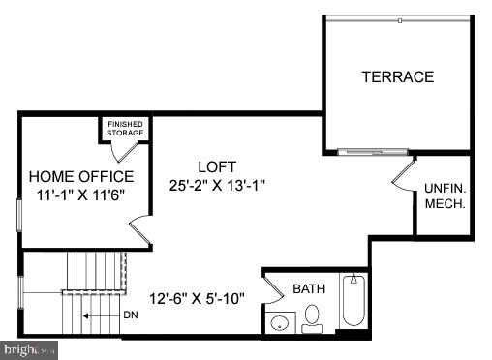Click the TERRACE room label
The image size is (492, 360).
pyautogui.click(x=397, y=76)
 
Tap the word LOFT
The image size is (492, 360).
pyautogui.click(x=216, y=166)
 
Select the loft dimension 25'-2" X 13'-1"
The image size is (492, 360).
pyautogui.click(x=216, y=184)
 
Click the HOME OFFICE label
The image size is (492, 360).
pyautogui.click(x=81, y=176)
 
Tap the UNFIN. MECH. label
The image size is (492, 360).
pyautogui.click(x=445, y=196)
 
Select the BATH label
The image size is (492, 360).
pyautogui.click(x=309, y=287)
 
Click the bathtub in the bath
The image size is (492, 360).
pyautogui.click(x=354, y=303)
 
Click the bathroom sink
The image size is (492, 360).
pyautogui.click(x=280, y=322)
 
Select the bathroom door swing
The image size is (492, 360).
pyautogui.click(x=275, y=286)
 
